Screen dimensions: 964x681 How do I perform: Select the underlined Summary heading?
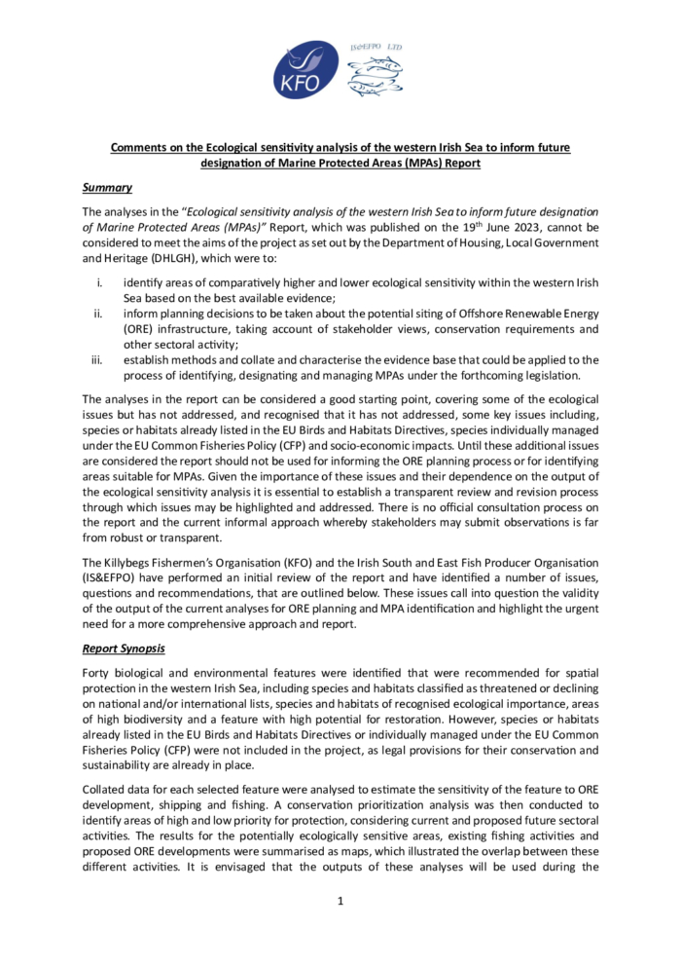[x=107, y=187]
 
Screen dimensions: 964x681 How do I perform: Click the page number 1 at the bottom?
[x=340, y=901]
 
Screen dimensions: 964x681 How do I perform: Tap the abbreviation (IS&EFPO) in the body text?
[x=111, y=578]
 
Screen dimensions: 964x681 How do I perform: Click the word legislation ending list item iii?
[x=541, y=375]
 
